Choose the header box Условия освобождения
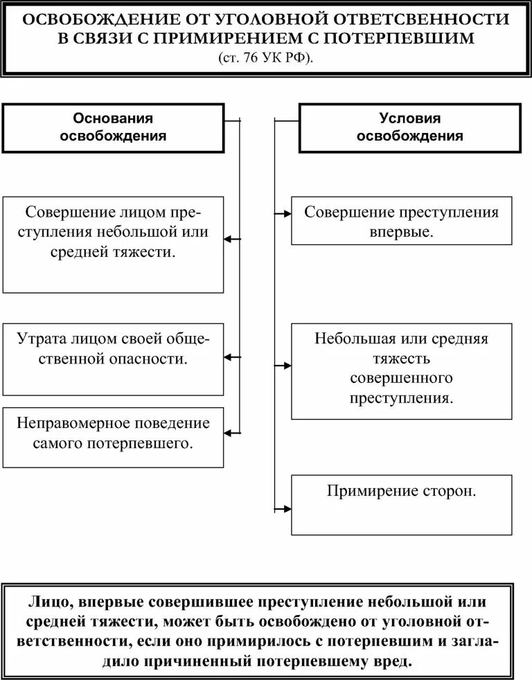tap(409, 127)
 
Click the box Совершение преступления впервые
tap(402, 221)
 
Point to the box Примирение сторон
tap(402, 505)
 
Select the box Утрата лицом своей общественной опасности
tap(113, 358)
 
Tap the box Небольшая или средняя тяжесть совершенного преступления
tap(402, 370)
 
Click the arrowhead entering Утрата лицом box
tap(230, 357)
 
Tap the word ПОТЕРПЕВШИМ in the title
tap(418, 39)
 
